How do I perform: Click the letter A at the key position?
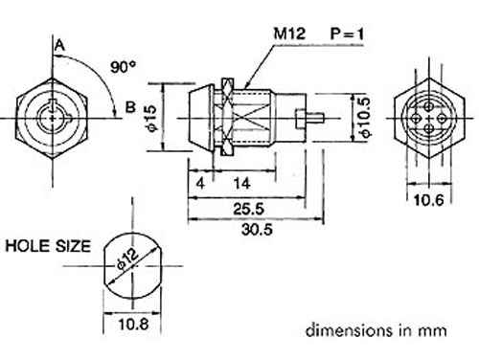pyautogui.click(x=59, y=44)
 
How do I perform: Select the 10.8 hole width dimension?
pyautogui.click(x=133, y=326)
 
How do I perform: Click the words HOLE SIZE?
pyautogui.click(x=48, y=246)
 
